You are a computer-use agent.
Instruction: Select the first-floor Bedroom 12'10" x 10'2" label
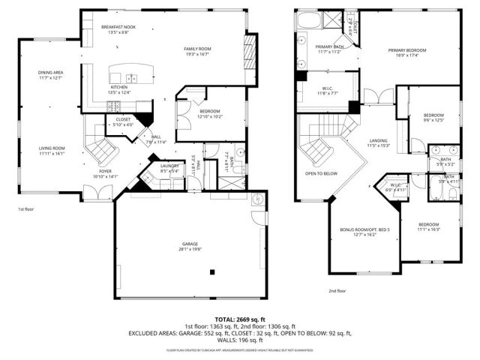(210, 113)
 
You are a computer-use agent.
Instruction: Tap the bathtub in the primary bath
(309, 22)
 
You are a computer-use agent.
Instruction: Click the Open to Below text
(322, 173)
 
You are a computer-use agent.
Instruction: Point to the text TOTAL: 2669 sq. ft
(240, 319)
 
